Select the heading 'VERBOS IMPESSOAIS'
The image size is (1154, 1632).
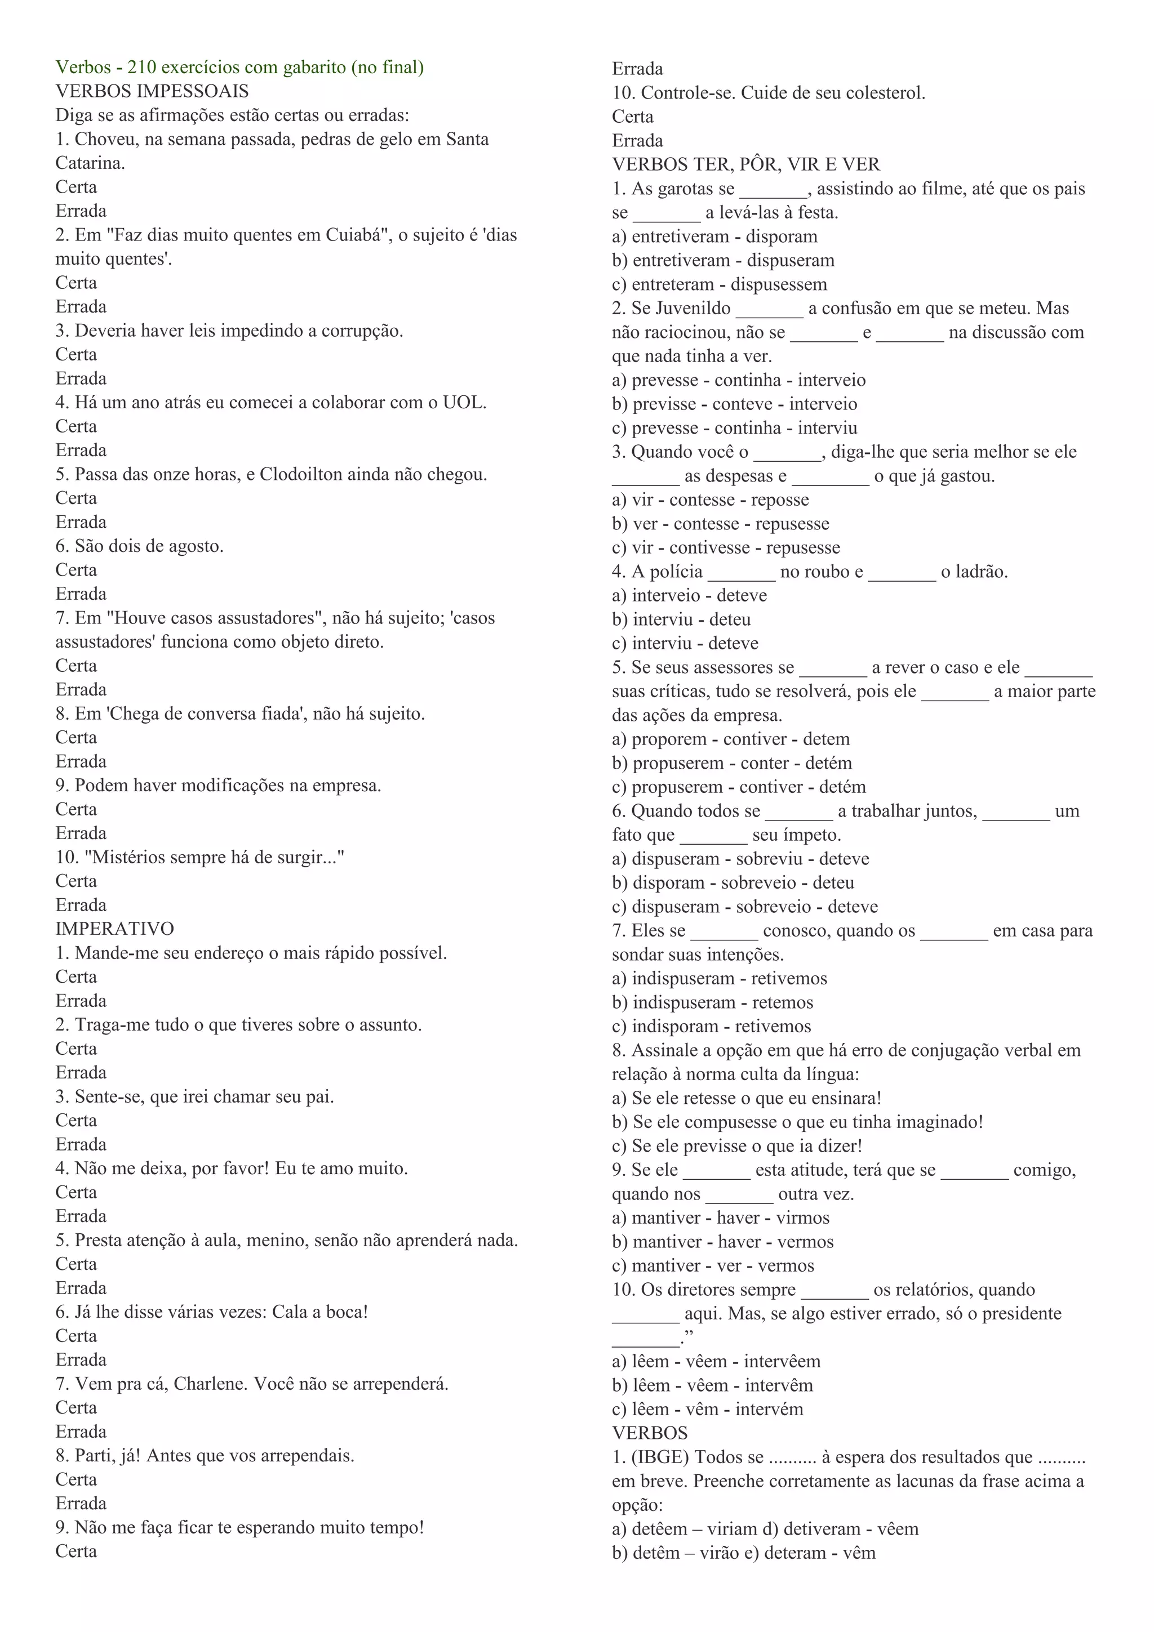click(152, 92)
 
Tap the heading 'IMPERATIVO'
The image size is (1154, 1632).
click(114, 929)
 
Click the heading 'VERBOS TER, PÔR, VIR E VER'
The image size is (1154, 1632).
click(746, 165)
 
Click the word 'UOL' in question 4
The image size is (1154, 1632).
click(462, 402)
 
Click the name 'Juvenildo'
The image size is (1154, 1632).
click(693, 309)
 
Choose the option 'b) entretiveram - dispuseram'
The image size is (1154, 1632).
click(723, 261)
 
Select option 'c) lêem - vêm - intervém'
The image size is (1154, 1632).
click(708, 1409)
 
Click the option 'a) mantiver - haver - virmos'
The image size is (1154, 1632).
click(720, 1218)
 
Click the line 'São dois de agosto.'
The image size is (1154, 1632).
click(139, 546)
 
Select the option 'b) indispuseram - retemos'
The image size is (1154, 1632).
click(712, 1002)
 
